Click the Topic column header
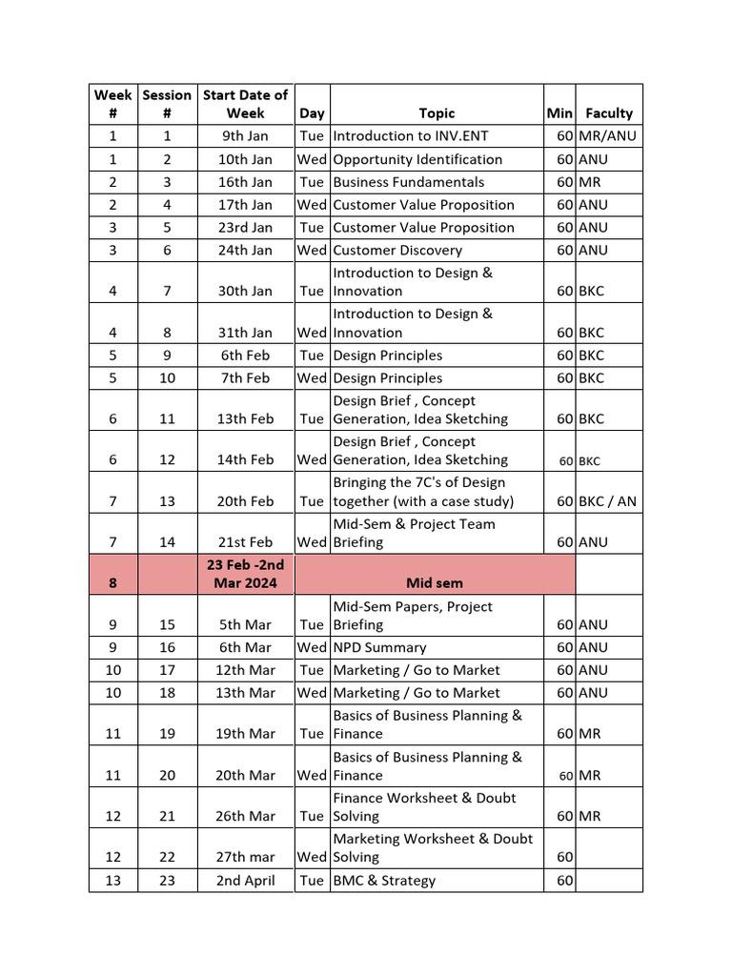[437, 112]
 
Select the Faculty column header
[609, 112]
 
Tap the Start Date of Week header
[245, 104]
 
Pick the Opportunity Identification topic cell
[417, 159]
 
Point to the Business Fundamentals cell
[408, 182]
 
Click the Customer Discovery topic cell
[397, 251]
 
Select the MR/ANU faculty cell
[607, 136]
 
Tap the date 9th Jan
[245, 136]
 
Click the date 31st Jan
[245, 333]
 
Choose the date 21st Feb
[245, 542]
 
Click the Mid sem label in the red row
[435, 583]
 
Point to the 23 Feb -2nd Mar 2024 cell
[245, 574]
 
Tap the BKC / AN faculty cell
[607, 501]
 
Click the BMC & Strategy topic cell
[384, 881]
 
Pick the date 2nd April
[245, 881]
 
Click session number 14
[167, 542]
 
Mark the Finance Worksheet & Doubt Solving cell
[424, 806]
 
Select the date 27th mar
[245, 857]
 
